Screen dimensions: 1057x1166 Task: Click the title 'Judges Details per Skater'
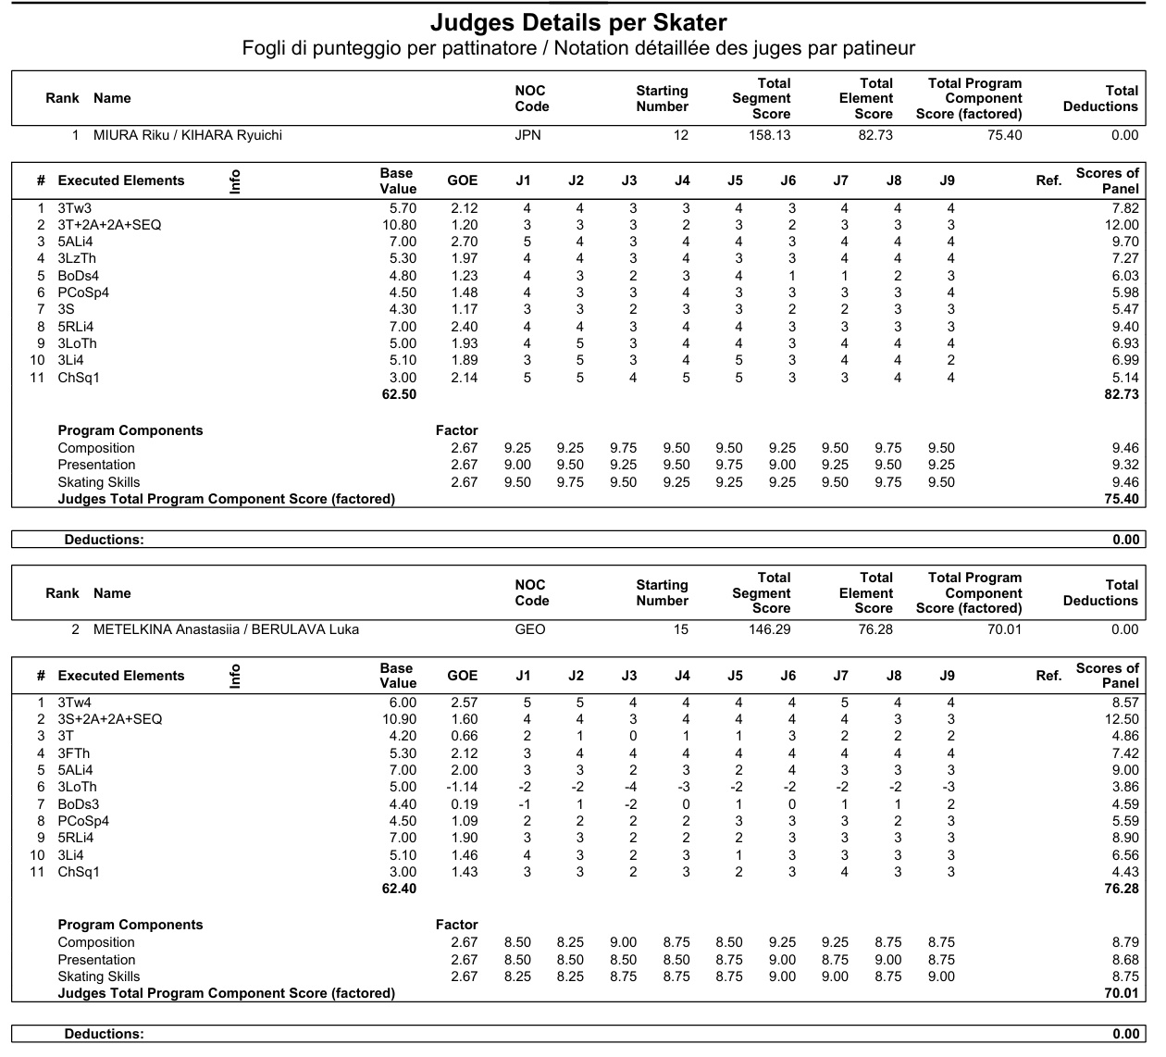pyautogui.click(x=578, y=22)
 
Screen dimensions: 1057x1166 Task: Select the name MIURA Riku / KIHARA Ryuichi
pyautogui.click(x=188, y=135)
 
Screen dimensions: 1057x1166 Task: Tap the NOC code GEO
pyautogui.click(x=529, y=629)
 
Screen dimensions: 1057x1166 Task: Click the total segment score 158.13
pyautogui.click(x=770, y=135)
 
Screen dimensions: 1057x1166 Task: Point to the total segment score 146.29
pyautogui.click(x=770, y=629)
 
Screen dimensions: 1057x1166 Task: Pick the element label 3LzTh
pyautogui.click(x=77, y=258)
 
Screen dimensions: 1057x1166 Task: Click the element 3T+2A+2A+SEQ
pyautogui.click(x=110, y=225)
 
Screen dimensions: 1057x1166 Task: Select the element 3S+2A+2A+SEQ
pyautogui.click(x=110, y=719)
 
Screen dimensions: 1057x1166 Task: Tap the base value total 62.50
pyautogui.click(x=399, y=394)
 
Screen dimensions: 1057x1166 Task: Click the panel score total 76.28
pyautogui.click(x=1122, y=889)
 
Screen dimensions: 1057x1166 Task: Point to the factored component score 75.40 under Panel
pyautogui.click(x=1122, y=499)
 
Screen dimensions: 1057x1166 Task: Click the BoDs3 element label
pyautogui.click(x=79, y=804)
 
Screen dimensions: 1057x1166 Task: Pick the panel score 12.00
pyautogui.click(x=1122, y=225)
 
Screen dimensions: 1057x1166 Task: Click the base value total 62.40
pyautogui.click(x=399, y=889)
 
